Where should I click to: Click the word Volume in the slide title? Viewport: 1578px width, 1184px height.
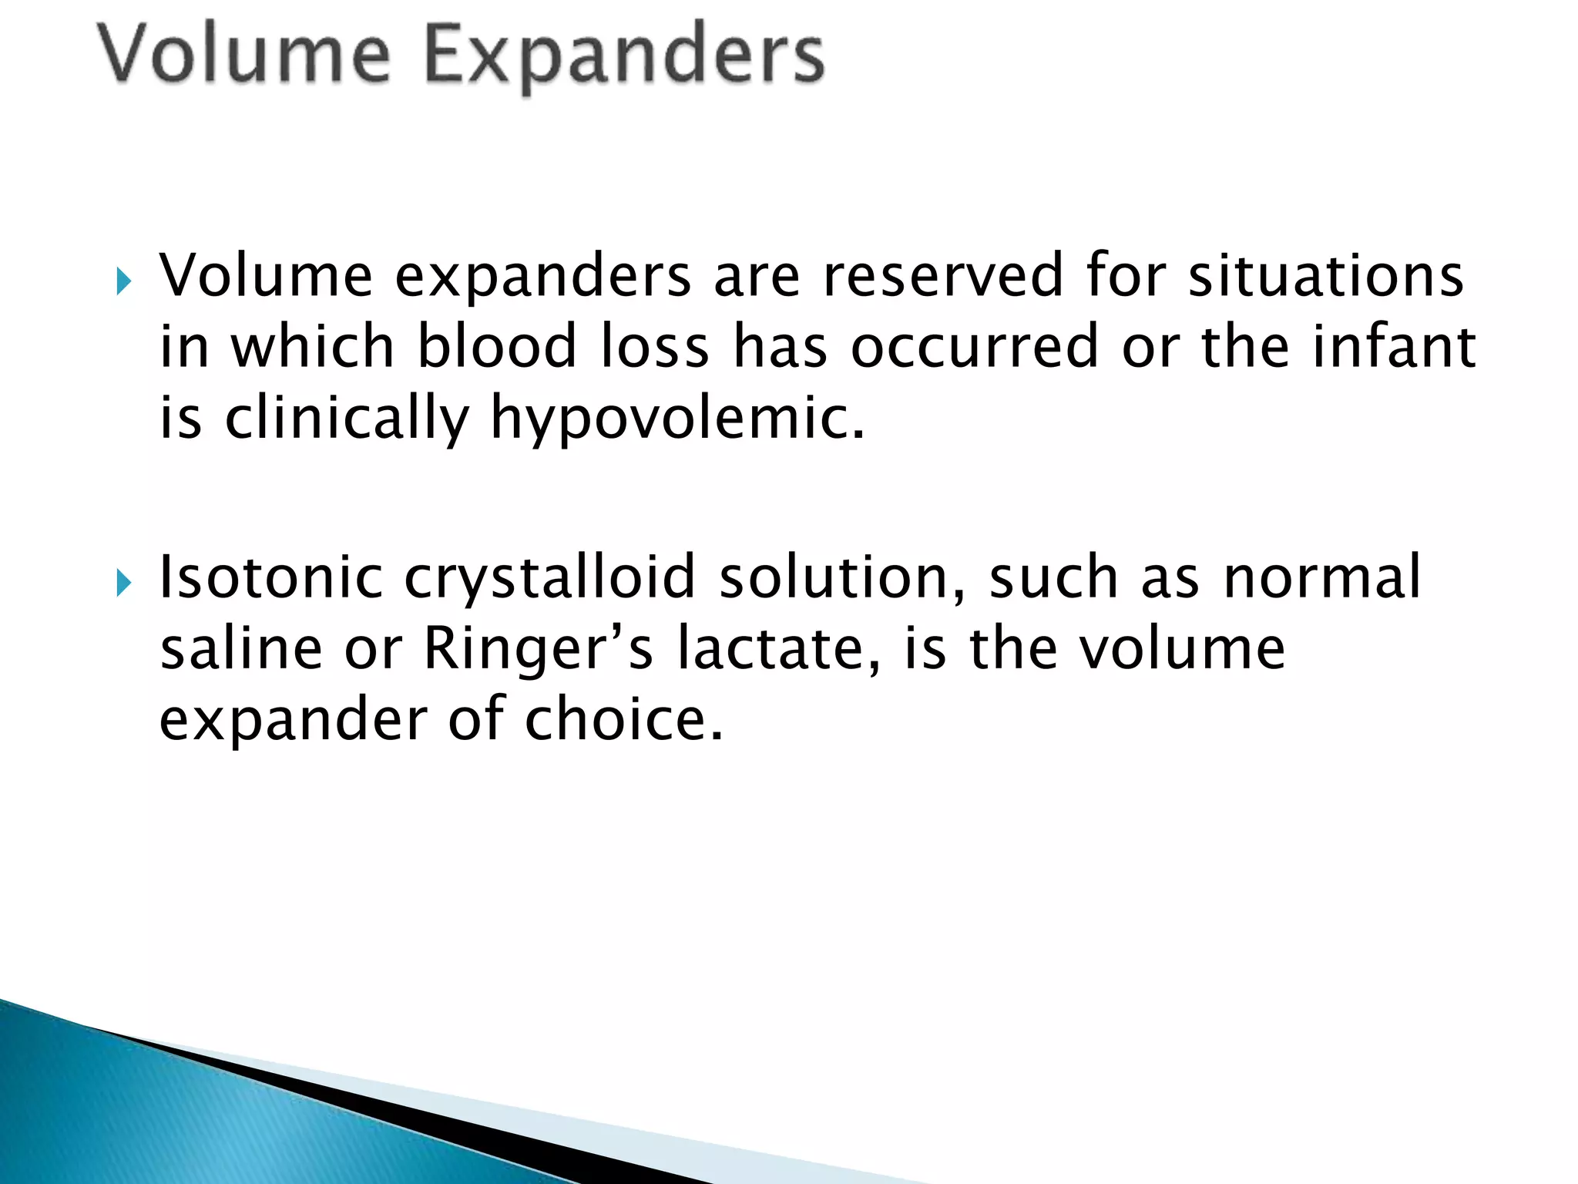click(x=245, y=54)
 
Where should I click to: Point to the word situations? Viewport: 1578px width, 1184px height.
click(x=1325, y=276)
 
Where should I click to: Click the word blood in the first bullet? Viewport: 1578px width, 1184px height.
click(x=497, y=347)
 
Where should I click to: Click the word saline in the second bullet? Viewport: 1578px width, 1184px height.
click(x=241, y=649)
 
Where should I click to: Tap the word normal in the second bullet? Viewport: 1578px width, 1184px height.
click(x=1321, y=578)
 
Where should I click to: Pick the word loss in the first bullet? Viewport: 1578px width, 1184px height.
click(x=655, y=347)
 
